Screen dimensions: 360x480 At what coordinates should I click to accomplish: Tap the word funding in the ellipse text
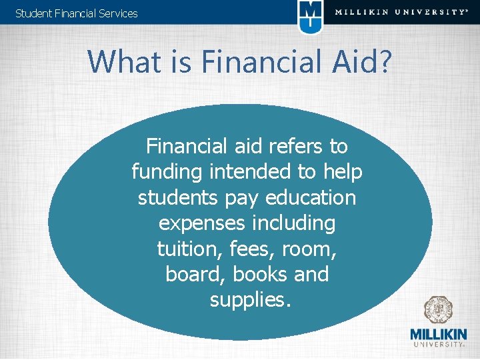(167, 172)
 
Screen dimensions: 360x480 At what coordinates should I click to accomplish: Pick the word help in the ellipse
(343, 172)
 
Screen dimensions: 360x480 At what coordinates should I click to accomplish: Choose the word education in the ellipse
(310, 197)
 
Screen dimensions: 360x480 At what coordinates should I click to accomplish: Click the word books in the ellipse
(250, 274)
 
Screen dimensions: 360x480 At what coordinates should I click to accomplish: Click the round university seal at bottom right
(438, 310)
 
